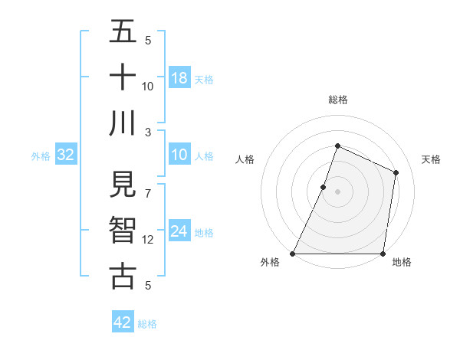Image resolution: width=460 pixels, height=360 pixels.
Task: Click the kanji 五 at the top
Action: (x=123, y=32)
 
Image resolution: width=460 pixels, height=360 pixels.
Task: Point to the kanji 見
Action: (x=123, y=185)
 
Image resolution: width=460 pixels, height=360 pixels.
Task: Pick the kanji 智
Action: (x=123, y=231)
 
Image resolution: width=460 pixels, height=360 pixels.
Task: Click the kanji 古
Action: (x=123, y=276)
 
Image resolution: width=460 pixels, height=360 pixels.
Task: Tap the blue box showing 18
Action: (x=179, y=78)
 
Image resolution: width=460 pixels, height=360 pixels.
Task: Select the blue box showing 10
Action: (x=179, y=155)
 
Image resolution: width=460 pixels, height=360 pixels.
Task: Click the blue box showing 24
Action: (x=179, y=232)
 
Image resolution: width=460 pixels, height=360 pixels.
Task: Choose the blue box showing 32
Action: (x=66, y=155)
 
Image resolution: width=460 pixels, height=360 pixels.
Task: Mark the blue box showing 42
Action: (x=123, y=322)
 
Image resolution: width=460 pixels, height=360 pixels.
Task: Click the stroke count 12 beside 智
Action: (x=148, y=240)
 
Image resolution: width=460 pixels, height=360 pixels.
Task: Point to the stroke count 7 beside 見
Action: (x=148, y=186)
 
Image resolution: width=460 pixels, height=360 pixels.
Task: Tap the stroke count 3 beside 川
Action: (x=148, y=131)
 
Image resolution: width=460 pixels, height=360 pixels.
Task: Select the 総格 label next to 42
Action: (x=147, y=324)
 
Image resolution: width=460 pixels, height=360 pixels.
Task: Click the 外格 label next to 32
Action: (x=41, y=156)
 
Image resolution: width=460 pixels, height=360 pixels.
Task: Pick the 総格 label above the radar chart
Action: (x=338, y=100)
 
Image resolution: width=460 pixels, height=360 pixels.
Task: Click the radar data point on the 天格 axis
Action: (x=396, y=172)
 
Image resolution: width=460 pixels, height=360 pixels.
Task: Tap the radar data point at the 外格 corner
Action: (x=293, y=254)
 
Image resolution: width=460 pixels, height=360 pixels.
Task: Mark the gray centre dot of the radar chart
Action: (x=337, y=191)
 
